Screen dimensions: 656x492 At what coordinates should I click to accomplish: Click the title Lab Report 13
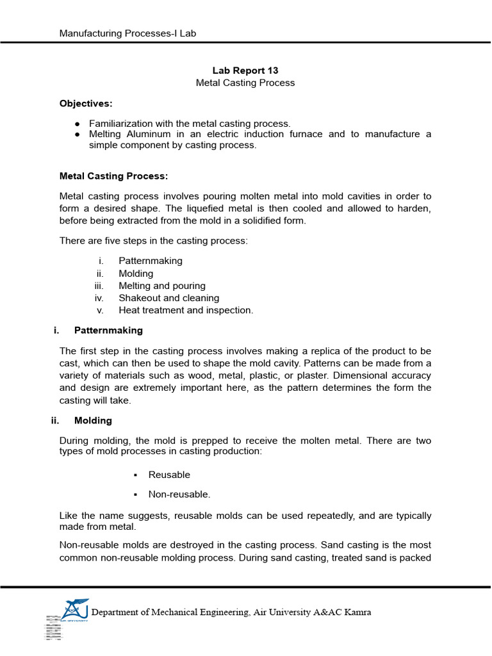point(245,70)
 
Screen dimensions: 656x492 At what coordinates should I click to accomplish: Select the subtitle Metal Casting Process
point(245,83)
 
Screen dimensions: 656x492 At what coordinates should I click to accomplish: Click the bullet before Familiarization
point(77,123)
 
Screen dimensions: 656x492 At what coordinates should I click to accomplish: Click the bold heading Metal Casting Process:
point(113,175)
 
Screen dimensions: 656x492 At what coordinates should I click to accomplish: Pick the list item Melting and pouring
point(161,286)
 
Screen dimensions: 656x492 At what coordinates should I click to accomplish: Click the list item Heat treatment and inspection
point(186,310)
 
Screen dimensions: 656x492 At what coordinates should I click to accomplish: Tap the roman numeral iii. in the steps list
point(99,286)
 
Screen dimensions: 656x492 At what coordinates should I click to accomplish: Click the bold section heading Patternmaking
point(108,331)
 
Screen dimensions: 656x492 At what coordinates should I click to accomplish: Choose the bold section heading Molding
point(93,421)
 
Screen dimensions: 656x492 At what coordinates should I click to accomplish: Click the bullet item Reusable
point(169,475)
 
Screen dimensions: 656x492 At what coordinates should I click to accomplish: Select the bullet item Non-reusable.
point(179,494)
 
